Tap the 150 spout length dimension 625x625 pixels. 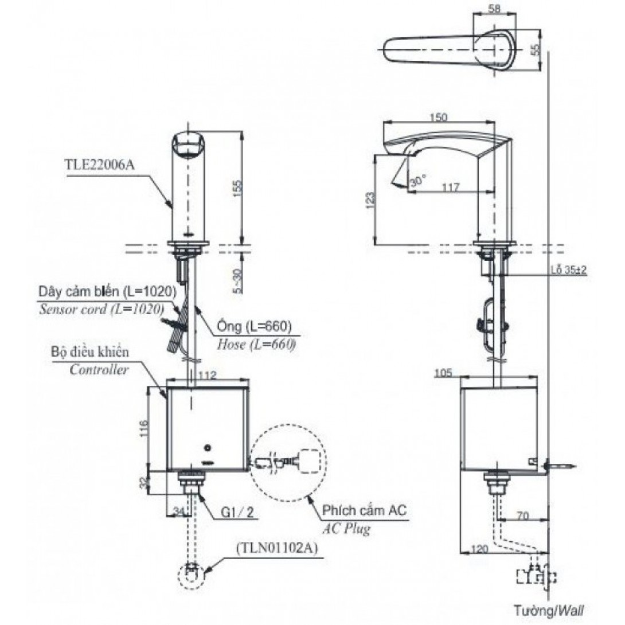tap(438, 117)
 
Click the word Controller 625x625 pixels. tap(99, 370)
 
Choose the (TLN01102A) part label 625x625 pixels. tap(275, 548)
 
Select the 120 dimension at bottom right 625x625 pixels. tap(479, 549)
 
